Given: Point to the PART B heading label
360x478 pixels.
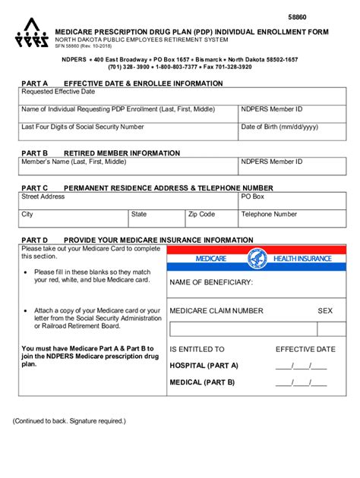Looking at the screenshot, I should tap(34, 153).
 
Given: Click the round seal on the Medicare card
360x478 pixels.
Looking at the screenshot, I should tap(257, 259).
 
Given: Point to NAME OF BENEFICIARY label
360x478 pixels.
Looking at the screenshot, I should tap(211, 283).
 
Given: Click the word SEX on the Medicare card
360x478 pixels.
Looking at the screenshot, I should tap(325, 310).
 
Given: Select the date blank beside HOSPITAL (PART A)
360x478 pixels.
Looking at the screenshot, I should tap(301, 365).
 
